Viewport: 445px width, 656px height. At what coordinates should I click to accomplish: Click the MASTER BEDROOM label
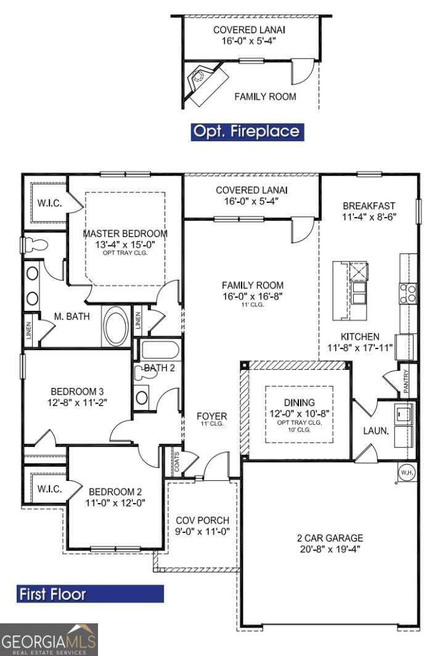125,234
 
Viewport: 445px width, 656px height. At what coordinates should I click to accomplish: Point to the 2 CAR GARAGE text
330,538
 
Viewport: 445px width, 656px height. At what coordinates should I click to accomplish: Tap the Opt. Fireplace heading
246,131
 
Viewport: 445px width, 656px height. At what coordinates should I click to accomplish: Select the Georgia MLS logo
49,640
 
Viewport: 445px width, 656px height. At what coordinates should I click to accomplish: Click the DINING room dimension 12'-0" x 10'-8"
300,413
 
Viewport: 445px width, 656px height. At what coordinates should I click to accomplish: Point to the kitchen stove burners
407,293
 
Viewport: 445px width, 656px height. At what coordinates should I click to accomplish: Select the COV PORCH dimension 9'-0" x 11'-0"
203,531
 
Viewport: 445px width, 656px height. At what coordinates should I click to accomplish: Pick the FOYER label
211,416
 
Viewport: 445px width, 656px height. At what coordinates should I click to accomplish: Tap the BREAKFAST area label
369,205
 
